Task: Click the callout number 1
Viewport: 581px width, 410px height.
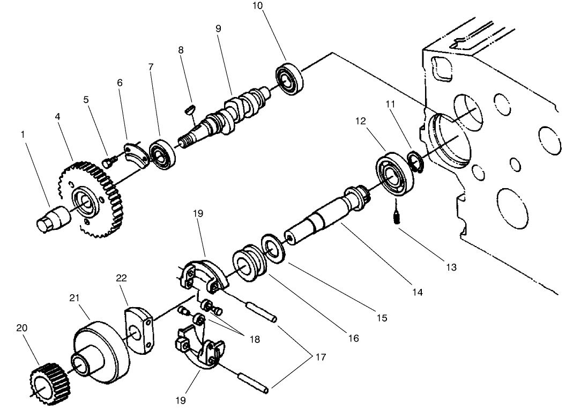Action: click(23, 135)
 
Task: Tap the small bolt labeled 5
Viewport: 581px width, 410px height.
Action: click(107, 160)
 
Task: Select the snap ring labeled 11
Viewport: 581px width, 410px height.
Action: click(414, 161)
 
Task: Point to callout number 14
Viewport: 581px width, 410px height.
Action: click(418, 292)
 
